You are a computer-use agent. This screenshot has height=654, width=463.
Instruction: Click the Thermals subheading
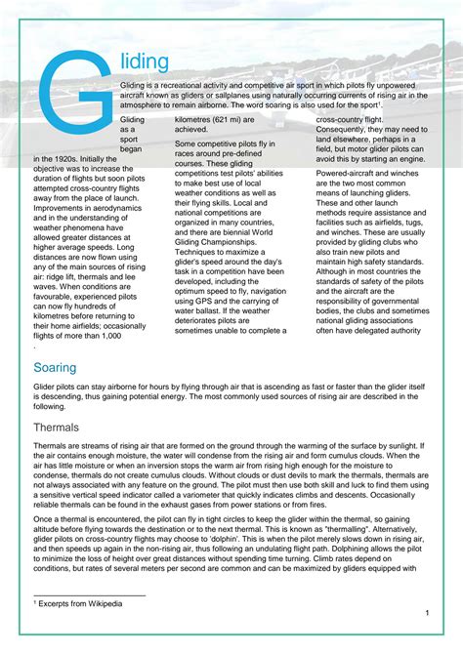tap(63, 428)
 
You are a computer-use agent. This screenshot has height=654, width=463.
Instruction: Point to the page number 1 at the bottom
tap(428, 612)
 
